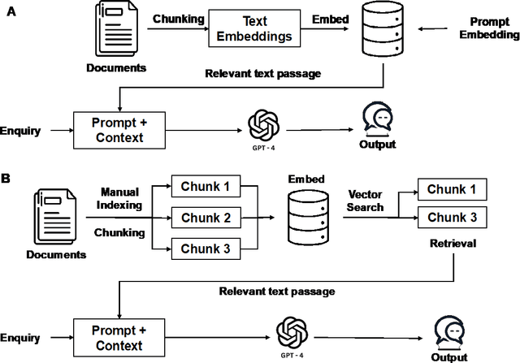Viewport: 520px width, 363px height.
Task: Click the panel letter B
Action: point(7,175)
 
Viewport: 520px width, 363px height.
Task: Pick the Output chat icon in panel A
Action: point(377,119)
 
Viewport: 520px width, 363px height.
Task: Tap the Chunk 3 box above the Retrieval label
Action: point(450,218)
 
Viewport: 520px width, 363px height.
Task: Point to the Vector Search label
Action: point(366,201)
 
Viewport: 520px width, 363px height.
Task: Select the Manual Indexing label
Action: point(121,198)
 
